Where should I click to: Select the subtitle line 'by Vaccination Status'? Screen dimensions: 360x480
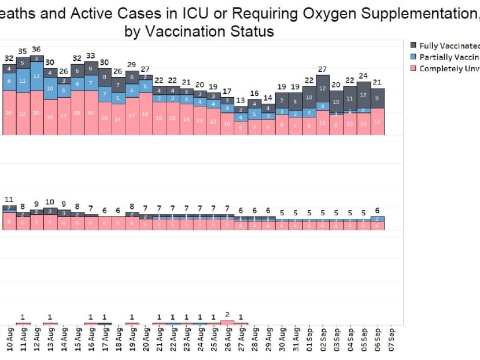point(199,31)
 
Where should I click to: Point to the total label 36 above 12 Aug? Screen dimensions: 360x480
point(36,49)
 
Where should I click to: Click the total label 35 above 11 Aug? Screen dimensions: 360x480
point(23,52)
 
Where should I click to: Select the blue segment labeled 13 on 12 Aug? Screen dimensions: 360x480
point(36,76)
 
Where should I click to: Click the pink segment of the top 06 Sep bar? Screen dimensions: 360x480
point(378,122)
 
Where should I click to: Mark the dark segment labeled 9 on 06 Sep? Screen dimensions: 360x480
point(378,98)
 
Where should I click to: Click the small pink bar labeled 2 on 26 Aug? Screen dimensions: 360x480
point(228,322)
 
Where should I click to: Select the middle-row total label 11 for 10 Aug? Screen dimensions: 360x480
point(9,200)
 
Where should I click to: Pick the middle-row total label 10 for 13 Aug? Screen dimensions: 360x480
point(50,202)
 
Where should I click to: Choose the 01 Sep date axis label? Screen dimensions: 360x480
point(310,341)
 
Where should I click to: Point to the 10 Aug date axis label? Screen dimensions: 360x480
point(9,341)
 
